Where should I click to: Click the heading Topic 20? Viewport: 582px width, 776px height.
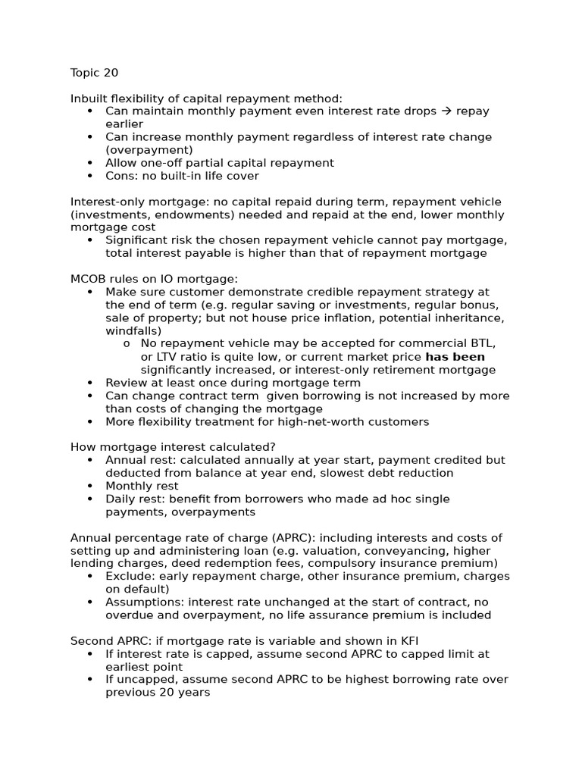click(x=94, y=74)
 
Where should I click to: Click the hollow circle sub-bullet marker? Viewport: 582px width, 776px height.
click(x=127, y=344)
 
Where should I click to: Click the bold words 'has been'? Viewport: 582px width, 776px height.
click(x=455, y=356)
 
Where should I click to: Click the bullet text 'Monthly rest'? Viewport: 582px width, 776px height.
click(x=142, y=486)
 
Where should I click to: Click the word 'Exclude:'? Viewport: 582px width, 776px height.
click(x=130, y=576)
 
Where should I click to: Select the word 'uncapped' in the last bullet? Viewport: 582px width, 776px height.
click(x=148, y=679)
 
